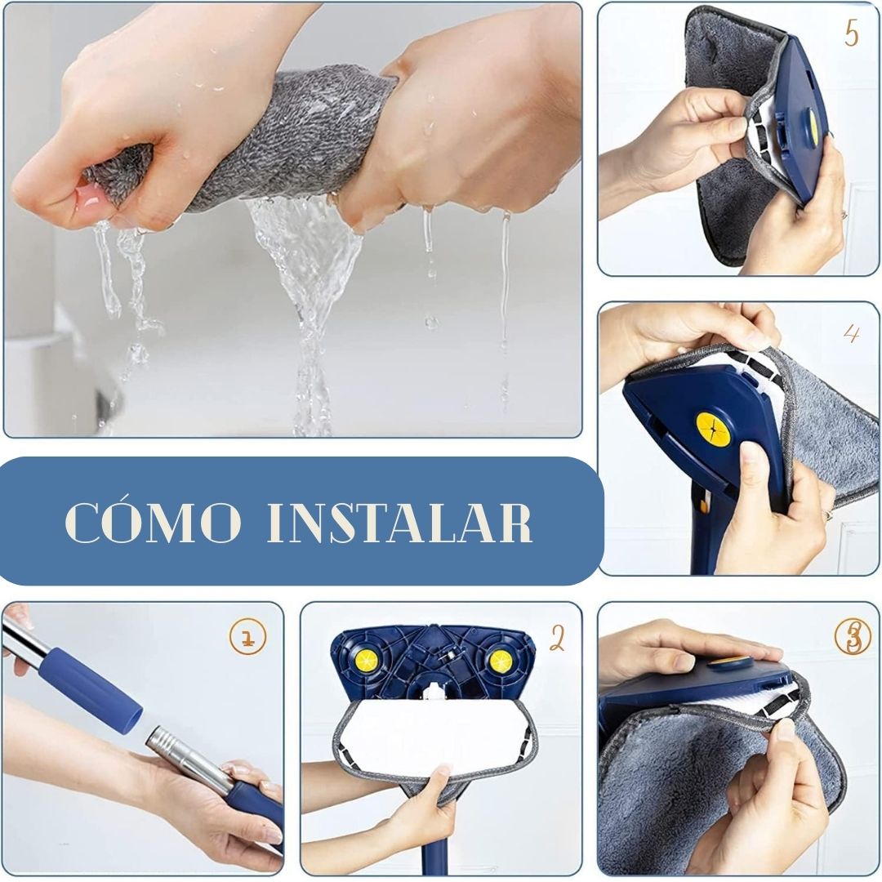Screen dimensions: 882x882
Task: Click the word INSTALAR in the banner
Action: (x=399, y=523)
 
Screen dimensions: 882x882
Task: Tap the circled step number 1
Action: (x=247, y=636)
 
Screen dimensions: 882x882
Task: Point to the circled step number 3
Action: (x=853, y=636)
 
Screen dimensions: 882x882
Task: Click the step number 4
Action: (x=852, y=333)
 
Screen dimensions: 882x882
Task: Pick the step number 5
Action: (x=851, y=33)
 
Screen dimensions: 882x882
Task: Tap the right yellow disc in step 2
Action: (x=500, y=661)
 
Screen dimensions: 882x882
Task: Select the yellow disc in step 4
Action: (x=714, y=430)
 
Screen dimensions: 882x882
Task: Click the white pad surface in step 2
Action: (x=433, y=731)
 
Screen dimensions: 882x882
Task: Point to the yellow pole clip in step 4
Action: (x=702, y=502)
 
